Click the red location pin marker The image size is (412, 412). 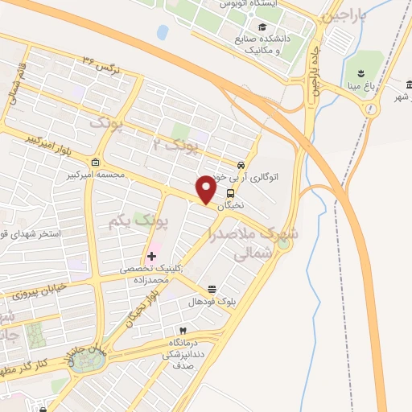207,189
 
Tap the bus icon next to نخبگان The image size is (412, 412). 231,193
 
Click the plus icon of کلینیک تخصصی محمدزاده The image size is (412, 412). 151,256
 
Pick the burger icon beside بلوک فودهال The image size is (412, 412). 212,289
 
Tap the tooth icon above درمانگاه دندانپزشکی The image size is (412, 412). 183,330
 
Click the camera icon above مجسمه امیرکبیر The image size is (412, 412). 96,163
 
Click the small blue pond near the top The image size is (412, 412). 163,32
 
